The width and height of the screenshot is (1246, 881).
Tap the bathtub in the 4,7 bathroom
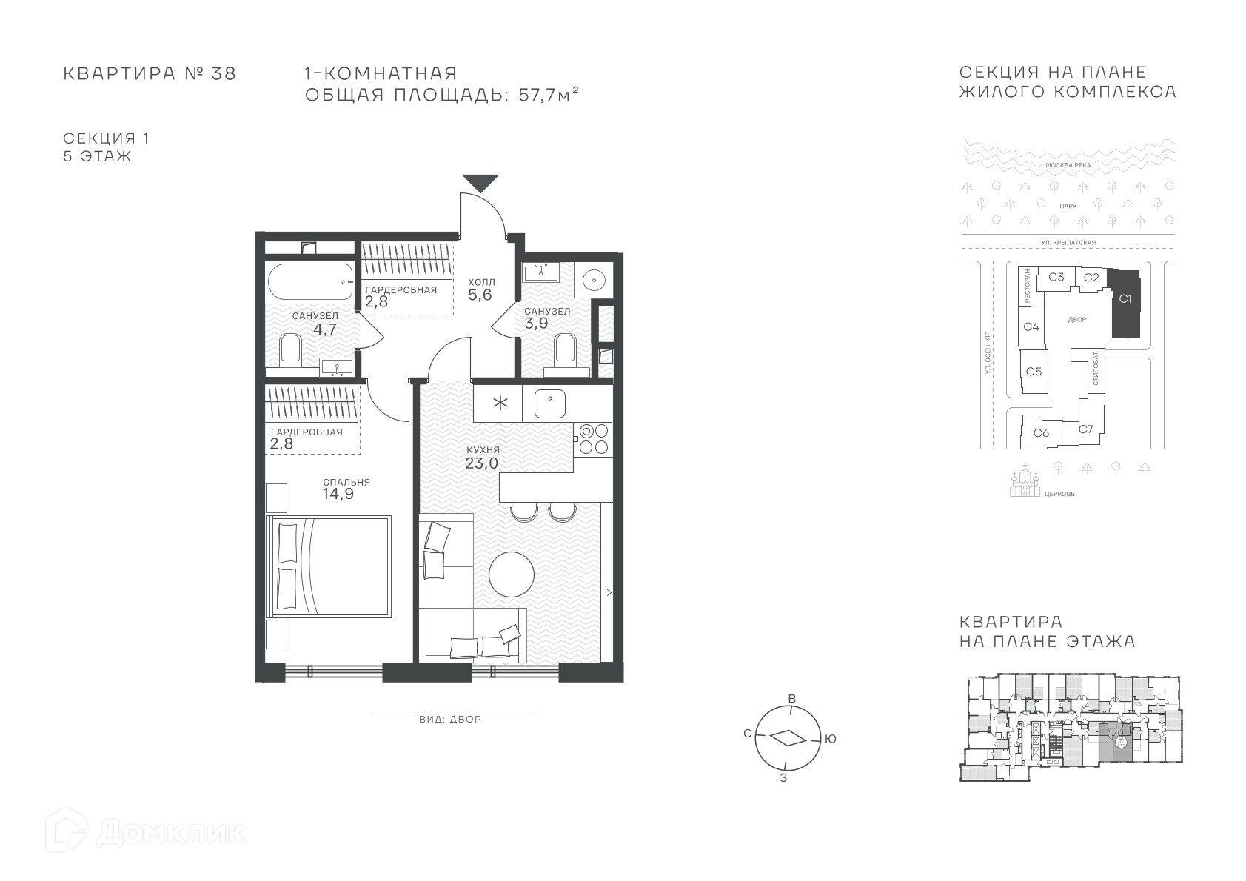click(310, 281)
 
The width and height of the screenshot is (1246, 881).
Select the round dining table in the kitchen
click(511, 574)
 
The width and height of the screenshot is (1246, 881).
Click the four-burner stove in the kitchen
click(594, 439)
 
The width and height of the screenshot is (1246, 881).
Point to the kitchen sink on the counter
click(549, 403)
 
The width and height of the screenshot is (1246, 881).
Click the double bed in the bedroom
click(329, 566)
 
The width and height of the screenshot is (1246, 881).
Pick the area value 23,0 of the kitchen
click(482, 463)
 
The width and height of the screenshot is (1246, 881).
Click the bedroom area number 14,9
click(338, 494)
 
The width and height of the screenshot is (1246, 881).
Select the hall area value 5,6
click(480, 295)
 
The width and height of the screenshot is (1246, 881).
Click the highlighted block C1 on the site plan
click(1125, 304)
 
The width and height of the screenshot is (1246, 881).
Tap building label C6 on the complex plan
click(1041, 432)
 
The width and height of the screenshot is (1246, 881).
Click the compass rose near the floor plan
click(788, 738)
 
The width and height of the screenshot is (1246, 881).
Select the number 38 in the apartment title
click(224, 73)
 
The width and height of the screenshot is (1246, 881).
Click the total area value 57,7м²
click(549, 95)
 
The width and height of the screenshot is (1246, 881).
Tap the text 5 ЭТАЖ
click(97, 156)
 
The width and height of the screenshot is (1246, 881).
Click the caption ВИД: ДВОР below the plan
click(450, 719)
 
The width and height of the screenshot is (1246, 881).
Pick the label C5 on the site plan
click(1034, 372)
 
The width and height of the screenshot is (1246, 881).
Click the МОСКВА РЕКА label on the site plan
click(1068, 165)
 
